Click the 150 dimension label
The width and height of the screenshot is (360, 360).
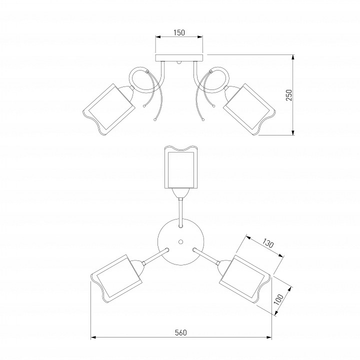(x=179, y=32)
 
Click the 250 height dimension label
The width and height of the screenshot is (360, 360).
(x=289, y=95)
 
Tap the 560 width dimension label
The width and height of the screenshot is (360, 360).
(x=181, y=332)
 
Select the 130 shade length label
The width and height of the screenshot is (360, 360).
(x=267, y=243)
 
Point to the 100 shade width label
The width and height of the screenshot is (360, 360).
(x=278, y=299)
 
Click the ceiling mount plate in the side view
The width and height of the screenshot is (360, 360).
(x=179, y=58)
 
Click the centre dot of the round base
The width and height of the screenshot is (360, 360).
(x=180, y=241)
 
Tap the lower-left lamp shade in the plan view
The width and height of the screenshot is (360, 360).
(x=116, y=278)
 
